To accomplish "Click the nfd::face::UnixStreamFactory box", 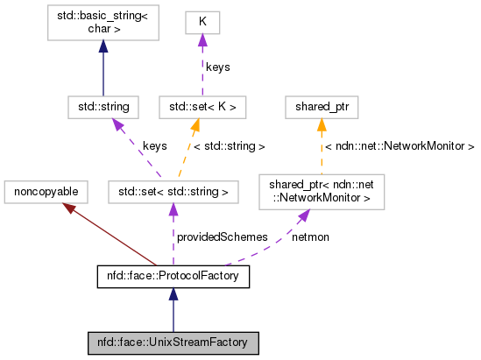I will pos(173,342).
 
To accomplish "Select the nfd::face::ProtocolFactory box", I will pos(173,278).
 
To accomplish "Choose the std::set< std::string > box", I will pos(170,190).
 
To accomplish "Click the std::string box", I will pos(103,107).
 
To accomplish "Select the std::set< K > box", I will pos(203,107).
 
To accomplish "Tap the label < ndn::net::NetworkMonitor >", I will pos(399,146).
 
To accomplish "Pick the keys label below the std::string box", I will pos(155,147).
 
